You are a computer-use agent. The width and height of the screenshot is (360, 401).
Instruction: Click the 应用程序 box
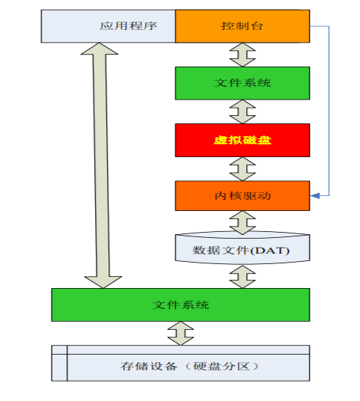[x=109, y=26]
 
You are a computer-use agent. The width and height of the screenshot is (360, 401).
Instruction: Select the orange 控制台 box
[x=242, y=26]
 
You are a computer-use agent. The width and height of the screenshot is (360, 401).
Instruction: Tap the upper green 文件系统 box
[x=242, y=83]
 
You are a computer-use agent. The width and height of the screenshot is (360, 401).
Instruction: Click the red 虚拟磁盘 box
[x=242, y=140]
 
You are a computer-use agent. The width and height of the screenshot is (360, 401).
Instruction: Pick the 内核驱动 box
[x=242, y=196]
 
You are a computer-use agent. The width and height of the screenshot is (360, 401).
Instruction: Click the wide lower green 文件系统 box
[x=180, y=304]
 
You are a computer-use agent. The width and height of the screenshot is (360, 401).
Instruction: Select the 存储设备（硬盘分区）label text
[x=189, y=367]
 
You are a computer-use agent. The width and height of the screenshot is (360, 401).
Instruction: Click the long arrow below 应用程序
[x=101, y=165]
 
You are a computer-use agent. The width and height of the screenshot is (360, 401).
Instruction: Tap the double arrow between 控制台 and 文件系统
[x=242, y=55]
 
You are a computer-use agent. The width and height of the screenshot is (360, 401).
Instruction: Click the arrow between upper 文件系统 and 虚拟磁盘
[x=242, y=111]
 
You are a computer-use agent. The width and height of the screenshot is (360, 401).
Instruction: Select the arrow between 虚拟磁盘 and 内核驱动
[x=242, y=169]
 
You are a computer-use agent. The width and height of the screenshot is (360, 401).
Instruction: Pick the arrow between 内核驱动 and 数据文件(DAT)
[x=242, y=222]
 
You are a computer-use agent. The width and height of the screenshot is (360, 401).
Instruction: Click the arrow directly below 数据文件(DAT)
[x=242, y=277]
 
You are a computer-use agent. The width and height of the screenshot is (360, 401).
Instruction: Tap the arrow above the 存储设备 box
[x=180, y=333]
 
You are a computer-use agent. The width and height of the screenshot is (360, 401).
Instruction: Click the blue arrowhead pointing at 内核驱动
[x=315, y=196]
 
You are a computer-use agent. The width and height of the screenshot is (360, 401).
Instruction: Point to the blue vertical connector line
[x=329, y=111]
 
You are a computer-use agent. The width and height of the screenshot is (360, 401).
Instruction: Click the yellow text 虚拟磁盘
[x=242, y=140]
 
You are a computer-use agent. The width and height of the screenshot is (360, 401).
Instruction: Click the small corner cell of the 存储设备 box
[x=59, y=350]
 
